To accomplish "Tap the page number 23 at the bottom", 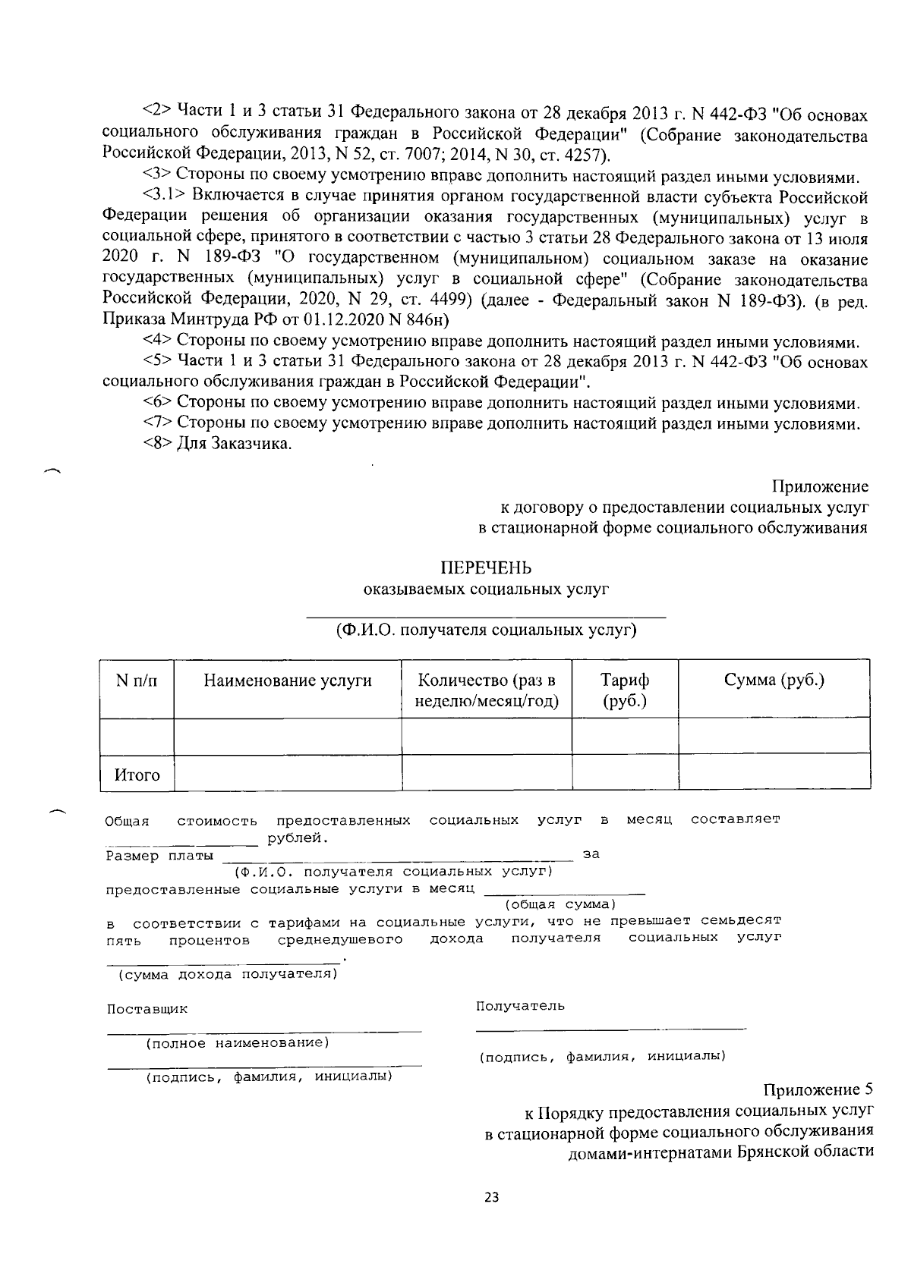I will click(x=491, y=1197).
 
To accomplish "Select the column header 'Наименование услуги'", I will click(x=288, y=681).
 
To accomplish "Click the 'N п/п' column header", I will click(x=137, y=681).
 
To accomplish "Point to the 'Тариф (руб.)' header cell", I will click(x=625, y=690).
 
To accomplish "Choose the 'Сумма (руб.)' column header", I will click(x=774, y=680).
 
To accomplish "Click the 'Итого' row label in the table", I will click(x=137, y=775).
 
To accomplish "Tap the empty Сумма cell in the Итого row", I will click(x=774, y=773).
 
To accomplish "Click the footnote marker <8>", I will click(x=157, y=444).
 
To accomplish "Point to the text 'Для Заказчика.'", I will click(x=235, y=444).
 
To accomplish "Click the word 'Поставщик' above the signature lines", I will click(x=147, y=1010).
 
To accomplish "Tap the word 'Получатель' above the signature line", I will click(x=520, y=1006).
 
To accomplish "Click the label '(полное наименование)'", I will click(x=238, y=1043).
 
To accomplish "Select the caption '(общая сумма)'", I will click(x=560, y=904).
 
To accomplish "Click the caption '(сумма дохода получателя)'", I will click(x=225, y=974).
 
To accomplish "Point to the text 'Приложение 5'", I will click(x=818, y=1091).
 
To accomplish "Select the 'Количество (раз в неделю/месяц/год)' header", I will click(x=487, y=690).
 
